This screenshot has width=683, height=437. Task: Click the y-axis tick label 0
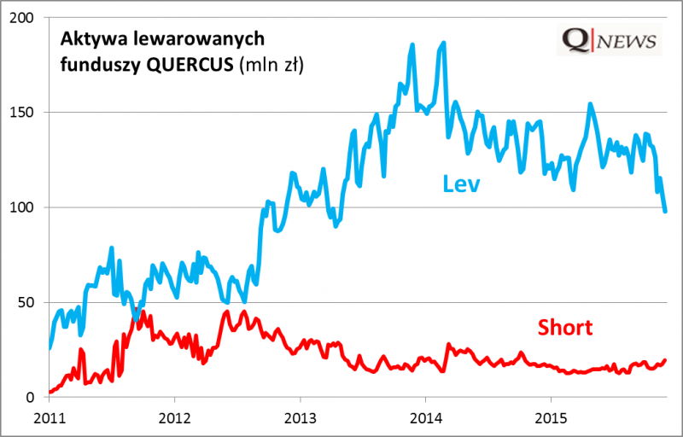click(x=34, y=397)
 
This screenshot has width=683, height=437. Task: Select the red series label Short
click(x=564, y=327)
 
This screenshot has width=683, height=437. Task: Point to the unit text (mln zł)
click(x=274, y=63)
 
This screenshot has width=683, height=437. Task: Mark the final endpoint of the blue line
click(x=666, y=211)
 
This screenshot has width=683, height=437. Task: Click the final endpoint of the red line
click(x=665, y=360)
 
